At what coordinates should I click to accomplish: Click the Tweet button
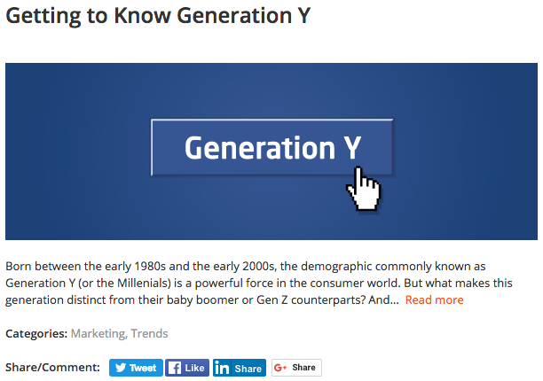click(x=136, y=368)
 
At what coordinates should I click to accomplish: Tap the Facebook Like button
click(x=187, y=368)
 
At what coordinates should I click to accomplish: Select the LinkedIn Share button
click(x=240, y=368)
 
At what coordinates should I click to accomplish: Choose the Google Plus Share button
click(x=296, y=368)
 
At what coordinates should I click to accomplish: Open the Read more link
click(x=434, y=299)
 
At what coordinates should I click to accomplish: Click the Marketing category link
click(x=98, y=334)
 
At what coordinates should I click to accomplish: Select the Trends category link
click(x=149, y=333)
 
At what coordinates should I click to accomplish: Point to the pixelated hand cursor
click(x=364, y=189)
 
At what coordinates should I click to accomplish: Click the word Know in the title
click(x=142, y=16)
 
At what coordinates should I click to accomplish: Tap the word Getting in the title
click(x=43, y=17)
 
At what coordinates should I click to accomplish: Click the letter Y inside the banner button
click(x=352, y=148)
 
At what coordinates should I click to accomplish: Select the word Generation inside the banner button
click(x=260, y=148)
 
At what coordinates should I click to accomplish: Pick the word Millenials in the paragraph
click(x=143, y=284)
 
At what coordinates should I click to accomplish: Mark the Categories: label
click(x=36, y=334)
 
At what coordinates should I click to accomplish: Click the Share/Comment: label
click(x=52, y=367)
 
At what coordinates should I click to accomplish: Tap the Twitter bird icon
click(x=121, y=368)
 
